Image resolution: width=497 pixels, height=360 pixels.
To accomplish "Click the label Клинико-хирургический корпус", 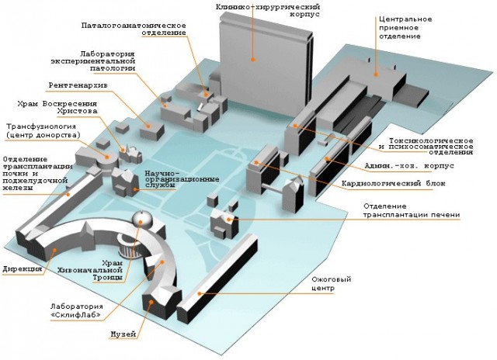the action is pos(268,10).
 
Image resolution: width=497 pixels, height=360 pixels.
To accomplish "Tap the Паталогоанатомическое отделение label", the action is pos(134,29).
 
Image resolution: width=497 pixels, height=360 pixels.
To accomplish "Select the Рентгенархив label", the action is pos(78,85).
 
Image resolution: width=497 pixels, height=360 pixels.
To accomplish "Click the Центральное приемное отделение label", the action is pos(405,28).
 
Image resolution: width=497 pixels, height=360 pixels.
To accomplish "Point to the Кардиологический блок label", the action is pos(394,183).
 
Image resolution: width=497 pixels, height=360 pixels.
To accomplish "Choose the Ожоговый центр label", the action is pos(332,284).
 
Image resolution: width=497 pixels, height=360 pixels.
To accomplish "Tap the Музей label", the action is pos(123,334).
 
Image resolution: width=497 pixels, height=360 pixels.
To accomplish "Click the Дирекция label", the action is pos(23,269).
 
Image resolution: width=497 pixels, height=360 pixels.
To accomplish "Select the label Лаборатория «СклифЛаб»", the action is pos(77,310).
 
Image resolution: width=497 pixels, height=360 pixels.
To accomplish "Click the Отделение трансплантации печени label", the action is pos(412,210).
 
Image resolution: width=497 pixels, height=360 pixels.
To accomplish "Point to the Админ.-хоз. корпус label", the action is pos(409,165).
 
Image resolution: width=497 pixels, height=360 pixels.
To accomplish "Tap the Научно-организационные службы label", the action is pos(182,179).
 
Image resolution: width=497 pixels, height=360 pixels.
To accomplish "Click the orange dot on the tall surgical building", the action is pos(253,59).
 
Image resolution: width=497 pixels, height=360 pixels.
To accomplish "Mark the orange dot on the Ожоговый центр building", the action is pos(200,293).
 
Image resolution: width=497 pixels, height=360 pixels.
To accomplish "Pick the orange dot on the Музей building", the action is pos(151,302).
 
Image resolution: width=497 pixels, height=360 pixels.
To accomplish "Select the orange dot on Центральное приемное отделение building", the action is pos(376,74).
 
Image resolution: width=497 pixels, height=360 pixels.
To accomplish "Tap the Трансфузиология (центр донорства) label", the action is pos(43,131).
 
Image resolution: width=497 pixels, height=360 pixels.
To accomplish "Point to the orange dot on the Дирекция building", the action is pos(54,250).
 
